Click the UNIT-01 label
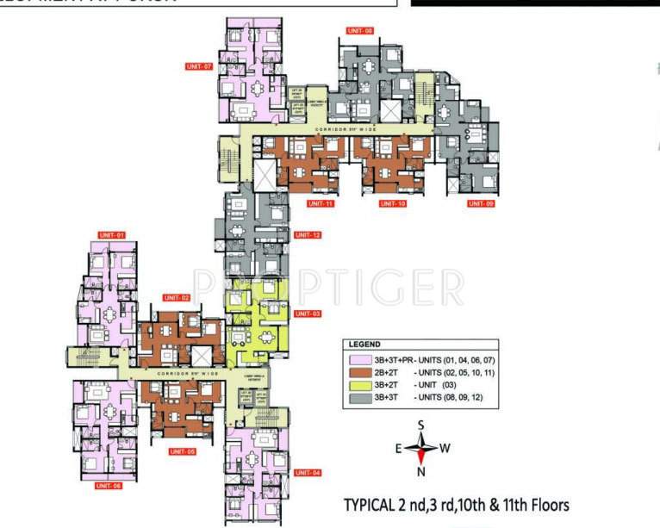[112, 235]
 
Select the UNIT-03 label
[307, 314]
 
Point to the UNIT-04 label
[307, 473]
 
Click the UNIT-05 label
[183, 451]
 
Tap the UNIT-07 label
[198, 65]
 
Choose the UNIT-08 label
[360, 31]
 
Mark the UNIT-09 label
[480, 203]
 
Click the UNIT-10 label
[392, 203]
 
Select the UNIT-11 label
[320, 203]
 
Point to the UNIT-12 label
[307, 235]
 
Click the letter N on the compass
[422, 472]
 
